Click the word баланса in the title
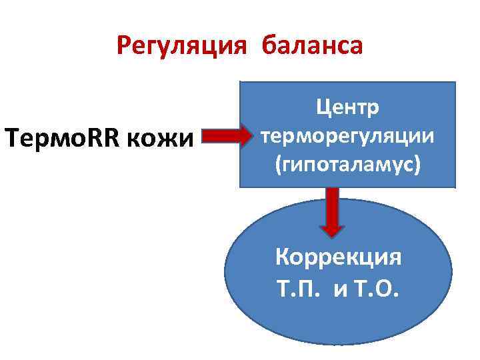click(313, 47)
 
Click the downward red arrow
click(332, 212)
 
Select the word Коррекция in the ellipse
click(339, 257)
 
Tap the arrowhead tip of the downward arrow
click(332, 235)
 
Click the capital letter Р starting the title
click(124, 47)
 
